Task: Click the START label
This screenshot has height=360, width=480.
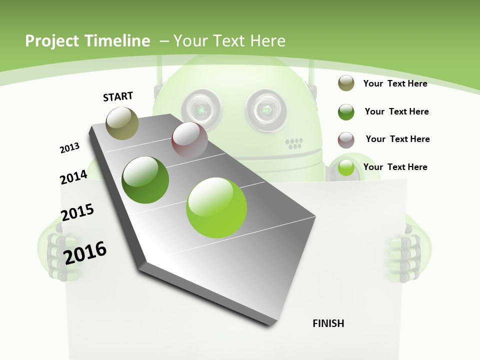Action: point(118,96)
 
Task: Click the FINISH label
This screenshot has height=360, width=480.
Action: point(328,323)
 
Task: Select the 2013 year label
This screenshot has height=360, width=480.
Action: point(69,148)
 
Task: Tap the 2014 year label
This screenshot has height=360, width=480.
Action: point(73,177)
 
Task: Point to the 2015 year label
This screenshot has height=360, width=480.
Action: point(77,212)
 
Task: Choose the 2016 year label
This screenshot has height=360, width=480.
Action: point(85,252)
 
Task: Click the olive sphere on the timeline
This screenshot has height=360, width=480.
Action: point(122,123)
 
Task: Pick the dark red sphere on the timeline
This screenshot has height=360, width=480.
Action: point(189,140)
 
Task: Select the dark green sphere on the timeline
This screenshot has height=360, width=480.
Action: point(145,179)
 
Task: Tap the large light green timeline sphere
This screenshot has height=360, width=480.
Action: point(216,207)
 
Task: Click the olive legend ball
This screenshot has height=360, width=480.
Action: point(346,83)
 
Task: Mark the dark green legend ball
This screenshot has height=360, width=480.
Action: point(346,112)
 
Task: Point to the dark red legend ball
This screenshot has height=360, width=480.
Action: point(346,140)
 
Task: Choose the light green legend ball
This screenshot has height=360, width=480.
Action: point(346,167)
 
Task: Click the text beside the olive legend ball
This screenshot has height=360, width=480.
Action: point(395,83)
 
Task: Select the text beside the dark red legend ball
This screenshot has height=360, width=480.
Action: point(397,139)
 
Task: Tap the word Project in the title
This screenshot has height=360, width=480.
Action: point(51,41)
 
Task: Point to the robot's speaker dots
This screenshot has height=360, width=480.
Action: point(294,144)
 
